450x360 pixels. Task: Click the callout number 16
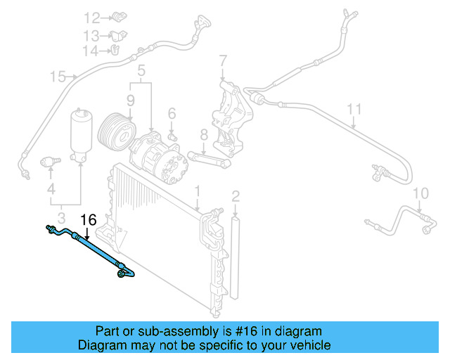point(89,219)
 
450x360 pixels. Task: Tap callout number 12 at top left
point(93,18)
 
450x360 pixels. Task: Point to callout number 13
point(91,35)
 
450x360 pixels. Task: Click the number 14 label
point(91,51)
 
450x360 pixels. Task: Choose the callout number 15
point(58,76)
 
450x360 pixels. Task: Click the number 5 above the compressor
point(141,70)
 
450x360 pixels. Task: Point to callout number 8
point(202,134)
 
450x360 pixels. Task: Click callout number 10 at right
point(420,193)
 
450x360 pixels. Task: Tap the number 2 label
point(236,195)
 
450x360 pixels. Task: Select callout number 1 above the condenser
point(198,191)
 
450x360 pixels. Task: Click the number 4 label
point(51,189)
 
